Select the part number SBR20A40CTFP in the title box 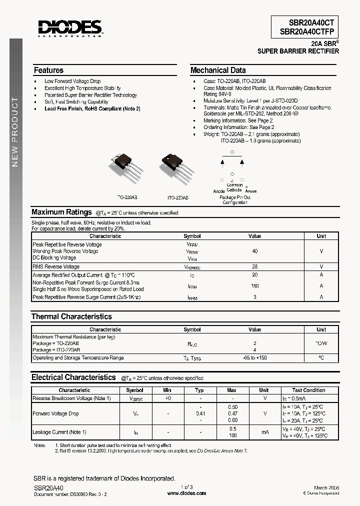[x=305, y=31]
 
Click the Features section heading [x=48, y=70]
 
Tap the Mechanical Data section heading [x=218, y=70]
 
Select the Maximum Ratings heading [x=61, y=212]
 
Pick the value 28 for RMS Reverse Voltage [x=255, y=267]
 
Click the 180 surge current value [x=255, y=286]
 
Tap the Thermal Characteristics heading [x=71, y=316]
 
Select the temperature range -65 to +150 [x=255, y=358]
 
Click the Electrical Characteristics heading [x=73, y=377]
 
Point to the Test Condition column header [x=308, y=390]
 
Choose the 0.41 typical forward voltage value [x=200, y=413]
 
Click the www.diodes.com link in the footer [x=186, y=493]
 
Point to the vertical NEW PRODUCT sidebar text [x=15, y=132]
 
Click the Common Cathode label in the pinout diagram [x=234, y=187]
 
